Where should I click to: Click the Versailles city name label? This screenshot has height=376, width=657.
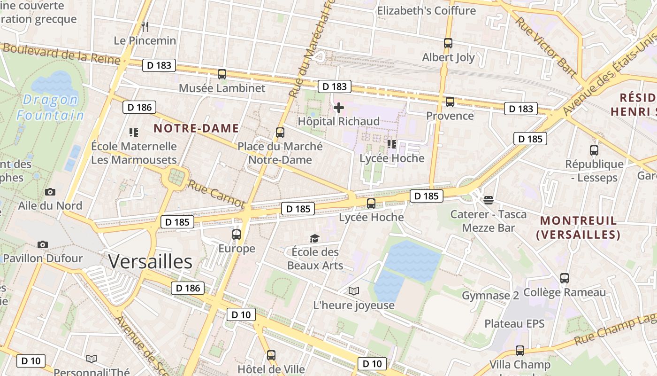150,262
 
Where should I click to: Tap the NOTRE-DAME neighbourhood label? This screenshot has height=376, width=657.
196,128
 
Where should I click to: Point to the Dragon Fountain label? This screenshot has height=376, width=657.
50,107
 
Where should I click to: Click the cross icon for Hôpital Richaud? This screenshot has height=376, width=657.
338,108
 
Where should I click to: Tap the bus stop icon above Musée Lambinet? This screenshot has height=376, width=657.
222,74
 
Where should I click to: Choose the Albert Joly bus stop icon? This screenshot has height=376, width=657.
448,43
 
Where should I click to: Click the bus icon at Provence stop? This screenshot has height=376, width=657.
450,102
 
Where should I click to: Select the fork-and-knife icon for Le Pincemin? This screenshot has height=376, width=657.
145,26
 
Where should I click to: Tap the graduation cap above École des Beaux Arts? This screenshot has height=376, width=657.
314,239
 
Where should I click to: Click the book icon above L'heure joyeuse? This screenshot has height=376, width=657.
354,291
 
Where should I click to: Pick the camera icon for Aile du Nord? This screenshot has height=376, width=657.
50,192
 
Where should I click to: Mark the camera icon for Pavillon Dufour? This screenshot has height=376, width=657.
43,244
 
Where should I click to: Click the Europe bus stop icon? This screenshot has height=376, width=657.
237,234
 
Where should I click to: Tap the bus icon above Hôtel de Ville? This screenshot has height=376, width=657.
271,355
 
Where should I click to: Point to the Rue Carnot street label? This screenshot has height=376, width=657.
216,193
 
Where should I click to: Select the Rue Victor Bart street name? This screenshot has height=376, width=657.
545,47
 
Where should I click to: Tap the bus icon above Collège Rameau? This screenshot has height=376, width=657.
565,278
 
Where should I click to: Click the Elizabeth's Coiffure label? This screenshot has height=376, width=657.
426,10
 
